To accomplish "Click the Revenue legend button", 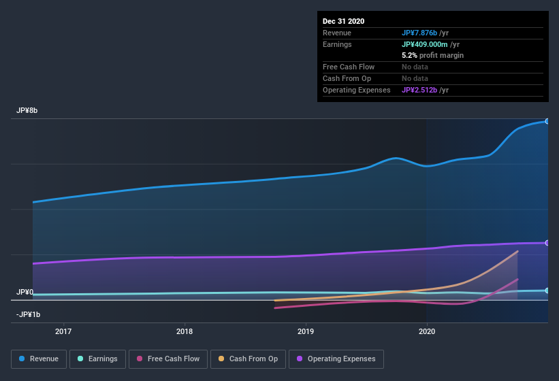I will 39,359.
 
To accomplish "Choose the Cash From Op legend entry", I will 248,359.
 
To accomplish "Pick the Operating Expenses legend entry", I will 336,359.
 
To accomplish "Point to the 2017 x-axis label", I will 63,332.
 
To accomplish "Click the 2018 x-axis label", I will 185,332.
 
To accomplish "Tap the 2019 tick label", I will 306,332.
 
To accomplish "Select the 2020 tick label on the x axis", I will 427,332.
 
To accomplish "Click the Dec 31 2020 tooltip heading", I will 343,21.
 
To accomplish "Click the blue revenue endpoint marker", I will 547,121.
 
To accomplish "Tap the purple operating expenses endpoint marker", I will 547,243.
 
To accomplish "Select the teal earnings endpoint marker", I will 547,291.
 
